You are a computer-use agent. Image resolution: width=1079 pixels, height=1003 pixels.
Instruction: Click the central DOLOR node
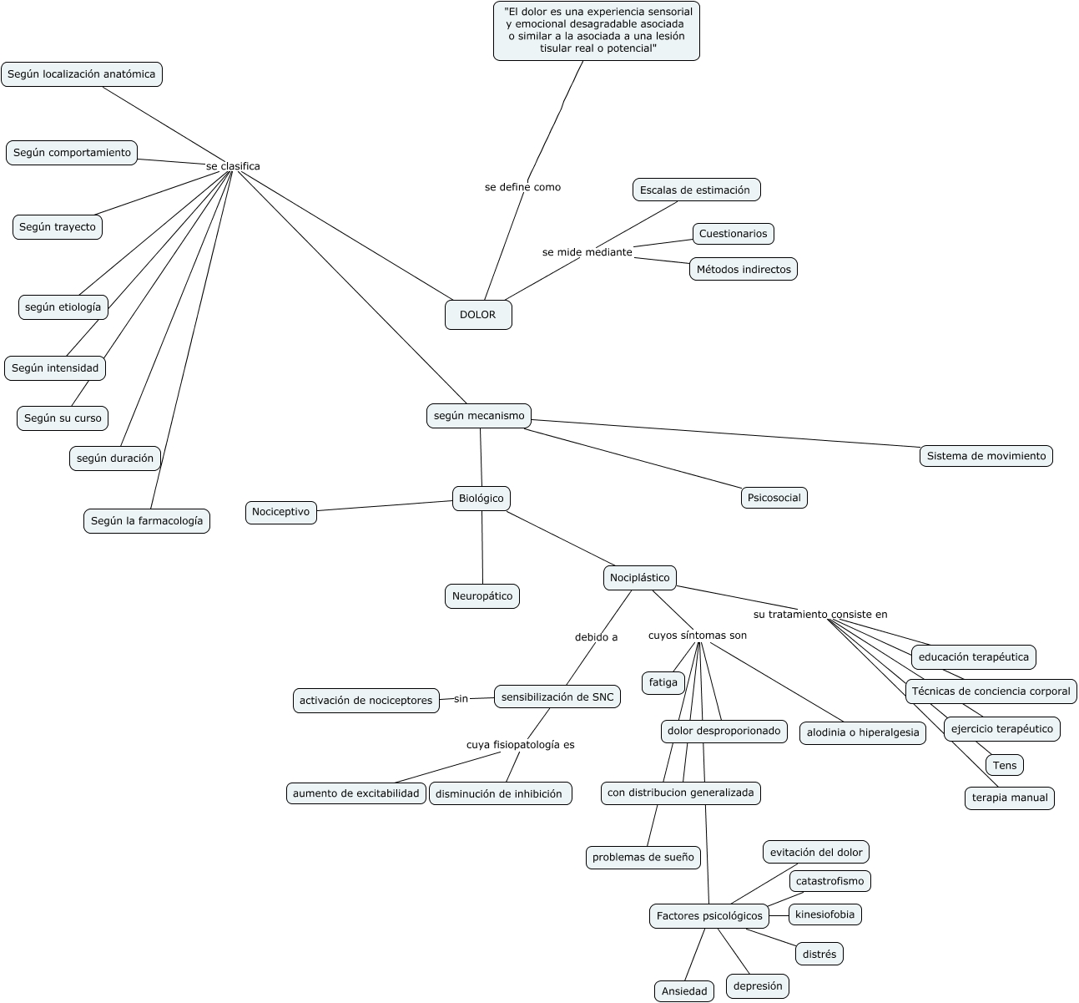pos(478,315)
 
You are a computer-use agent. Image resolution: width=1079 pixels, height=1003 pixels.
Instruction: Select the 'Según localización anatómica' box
pos(81,74)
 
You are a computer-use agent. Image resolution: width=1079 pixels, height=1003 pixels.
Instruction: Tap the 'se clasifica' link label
pos(233,166)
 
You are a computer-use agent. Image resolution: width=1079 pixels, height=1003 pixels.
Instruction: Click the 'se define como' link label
pos(522,187)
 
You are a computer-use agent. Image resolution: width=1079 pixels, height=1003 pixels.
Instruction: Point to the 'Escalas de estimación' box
pos(696,190)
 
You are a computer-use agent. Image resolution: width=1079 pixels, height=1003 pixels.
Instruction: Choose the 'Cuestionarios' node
pos(733,234)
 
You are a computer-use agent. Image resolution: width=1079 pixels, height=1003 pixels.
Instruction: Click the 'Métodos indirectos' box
pos(743,269)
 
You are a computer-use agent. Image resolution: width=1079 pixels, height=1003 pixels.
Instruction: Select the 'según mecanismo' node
pos(479,416)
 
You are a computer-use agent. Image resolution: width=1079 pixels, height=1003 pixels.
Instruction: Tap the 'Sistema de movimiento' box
pos(986,456)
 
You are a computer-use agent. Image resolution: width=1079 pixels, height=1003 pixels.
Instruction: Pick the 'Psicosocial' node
pos(774,498)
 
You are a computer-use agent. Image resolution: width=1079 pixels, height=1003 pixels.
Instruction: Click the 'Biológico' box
pos(482,499)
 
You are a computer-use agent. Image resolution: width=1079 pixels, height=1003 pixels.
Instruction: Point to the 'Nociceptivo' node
pos(280,512)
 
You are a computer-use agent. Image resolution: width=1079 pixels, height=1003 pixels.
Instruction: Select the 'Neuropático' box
pos(482,596)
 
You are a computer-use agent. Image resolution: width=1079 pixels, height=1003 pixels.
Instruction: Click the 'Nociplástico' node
pos(639,578)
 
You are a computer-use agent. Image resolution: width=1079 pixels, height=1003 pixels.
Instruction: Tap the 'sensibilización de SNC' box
pos(557,697)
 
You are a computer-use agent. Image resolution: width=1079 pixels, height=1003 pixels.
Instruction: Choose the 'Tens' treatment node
pos(1004,765)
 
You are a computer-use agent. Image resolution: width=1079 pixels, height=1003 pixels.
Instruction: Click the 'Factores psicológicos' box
pos(708,916)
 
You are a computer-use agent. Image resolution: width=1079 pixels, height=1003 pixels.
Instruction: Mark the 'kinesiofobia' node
pos(824,914)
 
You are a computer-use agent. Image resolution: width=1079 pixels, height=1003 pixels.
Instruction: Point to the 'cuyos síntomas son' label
pos(697,636)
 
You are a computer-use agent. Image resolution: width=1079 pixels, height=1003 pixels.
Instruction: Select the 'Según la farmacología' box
pos(146,521)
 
